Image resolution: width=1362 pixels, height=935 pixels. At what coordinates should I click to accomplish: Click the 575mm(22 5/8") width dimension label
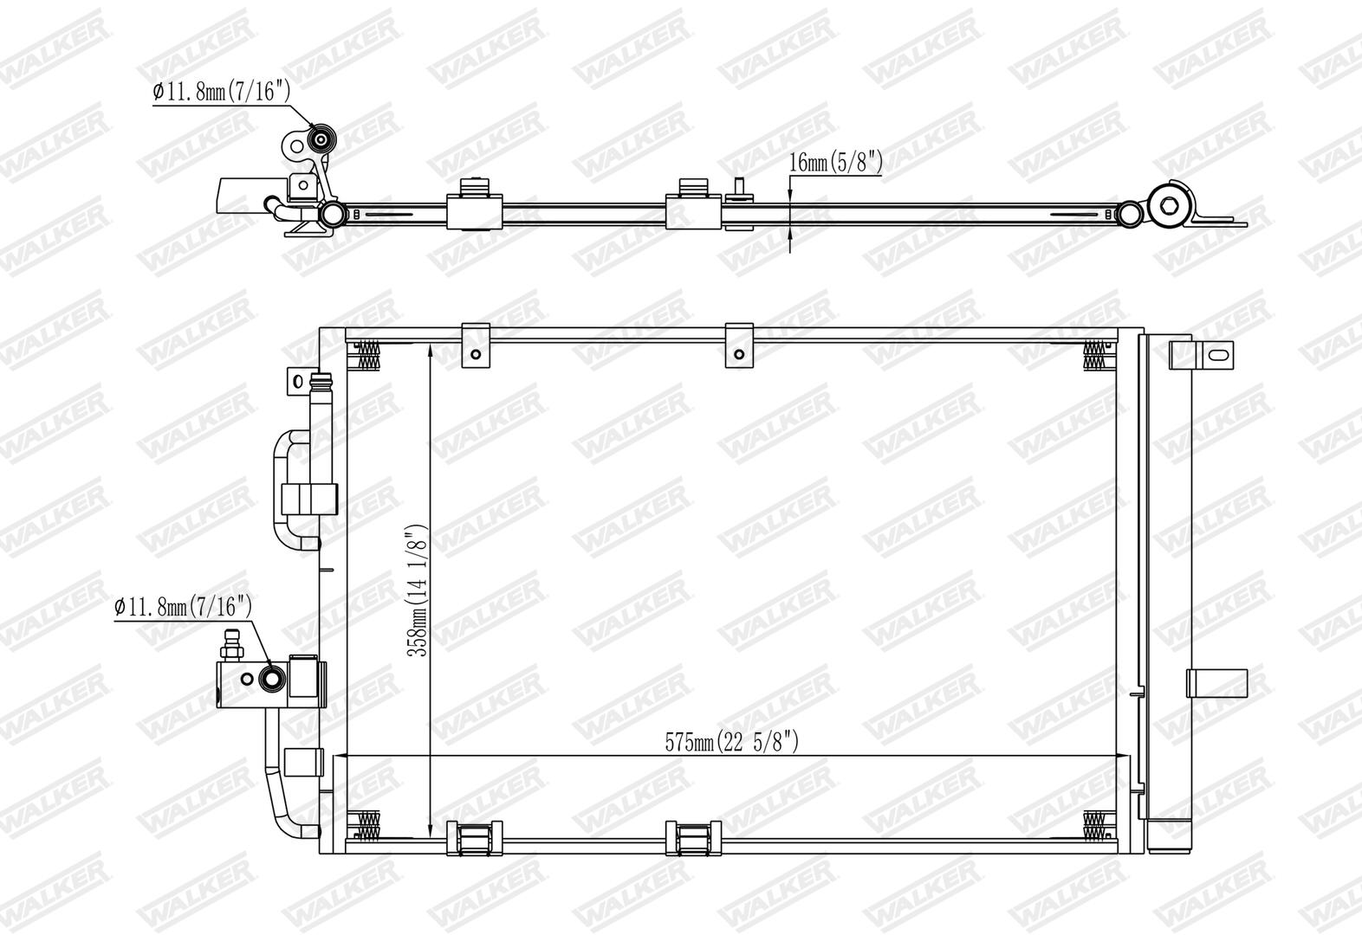tap(731, 742)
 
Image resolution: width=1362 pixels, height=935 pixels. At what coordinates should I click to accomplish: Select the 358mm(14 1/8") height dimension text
tap(418, 590)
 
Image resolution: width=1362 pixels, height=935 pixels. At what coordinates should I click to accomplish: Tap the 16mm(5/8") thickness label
tap(835, 162)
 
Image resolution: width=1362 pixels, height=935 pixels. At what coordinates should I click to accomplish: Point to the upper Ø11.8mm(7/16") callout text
tap(221, 92)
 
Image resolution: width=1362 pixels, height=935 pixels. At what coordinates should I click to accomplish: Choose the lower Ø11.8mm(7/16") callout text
tap(183, 606)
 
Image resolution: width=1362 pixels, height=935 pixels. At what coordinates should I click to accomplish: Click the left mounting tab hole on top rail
tap(476, 354)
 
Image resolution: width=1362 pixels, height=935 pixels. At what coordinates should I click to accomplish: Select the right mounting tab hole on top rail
tap(739, 354)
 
